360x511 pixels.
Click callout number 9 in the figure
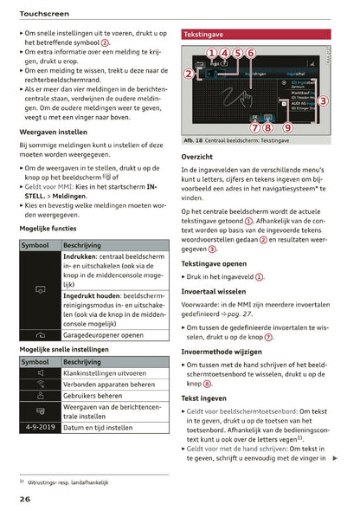[287, 127]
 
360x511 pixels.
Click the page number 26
[27, 499]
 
